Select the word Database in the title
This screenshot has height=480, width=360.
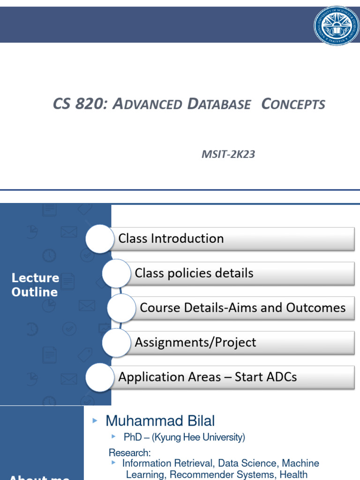click(219, 104)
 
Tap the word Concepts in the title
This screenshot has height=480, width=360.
click(293, 104)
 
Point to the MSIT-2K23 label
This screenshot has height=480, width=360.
click(228, 154)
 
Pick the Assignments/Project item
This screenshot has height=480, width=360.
click(241, 343)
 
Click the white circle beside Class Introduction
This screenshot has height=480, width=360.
click(100, 239)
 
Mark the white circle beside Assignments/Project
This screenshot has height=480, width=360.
click(116, 343)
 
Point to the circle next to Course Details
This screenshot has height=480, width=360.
click(121, 308)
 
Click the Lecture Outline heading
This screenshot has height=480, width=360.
click(35, 285)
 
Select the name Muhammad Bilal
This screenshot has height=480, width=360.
click(160, 421)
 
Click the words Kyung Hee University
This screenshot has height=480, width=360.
click(198, 437)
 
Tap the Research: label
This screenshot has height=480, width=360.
click(130, 453)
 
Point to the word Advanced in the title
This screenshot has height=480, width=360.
click(149, 104)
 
